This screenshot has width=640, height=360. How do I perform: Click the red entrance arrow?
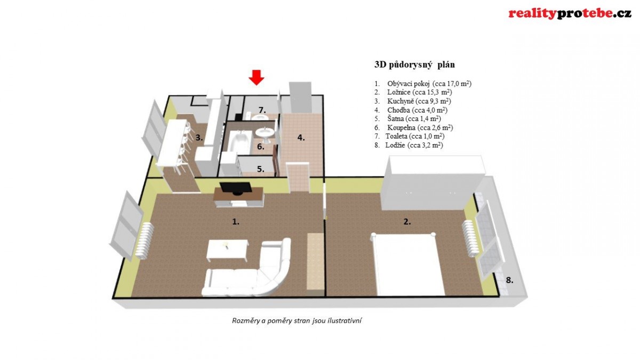click(257, 77)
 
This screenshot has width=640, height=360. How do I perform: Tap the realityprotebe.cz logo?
click(570, 14)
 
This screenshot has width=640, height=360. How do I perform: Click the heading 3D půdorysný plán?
click(414, 65)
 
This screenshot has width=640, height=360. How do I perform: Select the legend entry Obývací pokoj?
click(423, 84)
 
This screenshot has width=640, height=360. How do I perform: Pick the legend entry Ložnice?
click(413, 92)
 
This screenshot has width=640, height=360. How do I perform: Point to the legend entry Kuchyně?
click(413, 101)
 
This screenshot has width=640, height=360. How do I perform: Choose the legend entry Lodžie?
click(409, 145)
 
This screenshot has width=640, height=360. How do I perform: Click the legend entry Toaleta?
click(410, 137)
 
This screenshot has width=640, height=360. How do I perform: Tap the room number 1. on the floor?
click(236, 221)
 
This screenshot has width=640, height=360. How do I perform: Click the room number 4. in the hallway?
click(301, 138)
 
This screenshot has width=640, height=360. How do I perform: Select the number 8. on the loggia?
click(509, 281)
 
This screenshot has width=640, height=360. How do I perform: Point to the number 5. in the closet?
click(261, 169)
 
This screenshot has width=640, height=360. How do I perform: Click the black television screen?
click(236, 188)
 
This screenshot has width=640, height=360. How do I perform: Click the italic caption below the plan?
click(297, 321)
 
